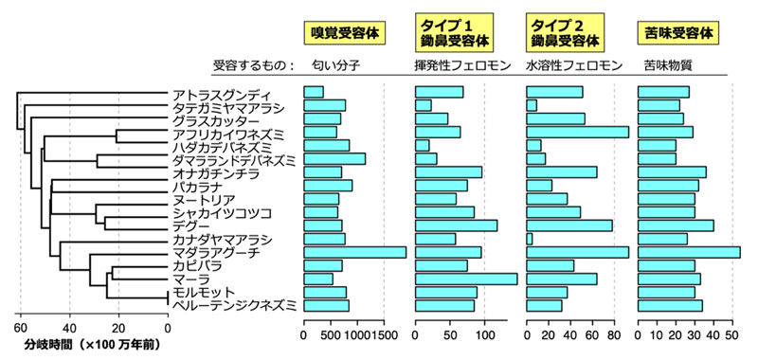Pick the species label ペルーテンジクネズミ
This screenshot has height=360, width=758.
tap(233, 305)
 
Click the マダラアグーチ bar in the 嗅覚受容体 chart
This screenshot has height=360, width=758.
tap(354, 252)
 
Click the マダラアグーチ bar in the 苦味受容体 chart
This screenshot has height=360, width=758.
tap(689, 252)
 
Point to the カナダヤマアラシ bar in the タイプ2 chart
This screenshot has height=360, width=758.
tap(530, 239)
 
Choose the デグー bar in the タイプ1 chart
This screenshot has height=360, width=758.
tap(457, 225)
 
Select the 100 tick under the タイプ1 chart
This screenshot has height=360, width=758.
tap(485, 334)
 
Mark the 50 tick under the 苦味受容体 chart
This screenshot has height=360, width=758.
tap(731, 334)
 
